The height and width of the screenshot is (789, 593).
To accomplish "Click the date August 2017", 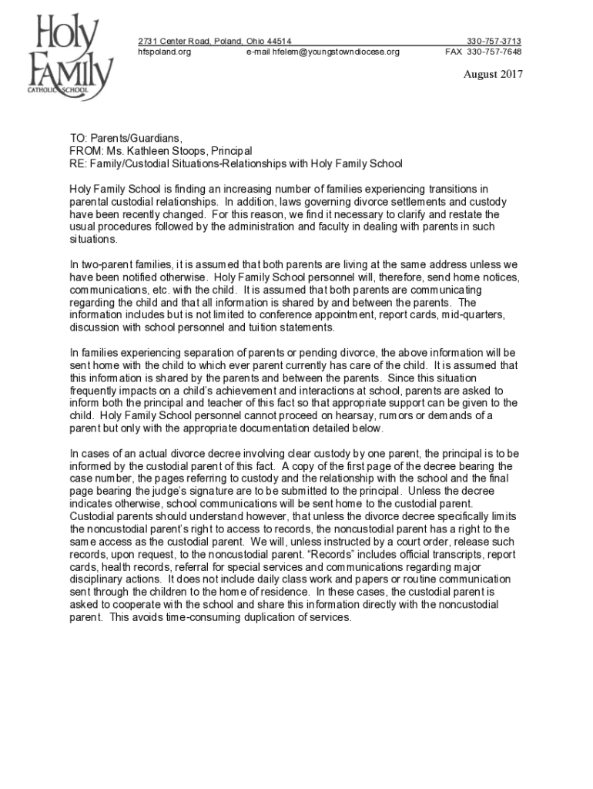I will click(493, 75).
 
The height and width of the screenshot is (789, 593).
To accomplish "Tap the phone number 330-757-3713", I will click(494, 41).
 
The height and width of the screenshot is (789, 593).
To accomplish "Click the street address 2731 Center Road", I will click(177, 41).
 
